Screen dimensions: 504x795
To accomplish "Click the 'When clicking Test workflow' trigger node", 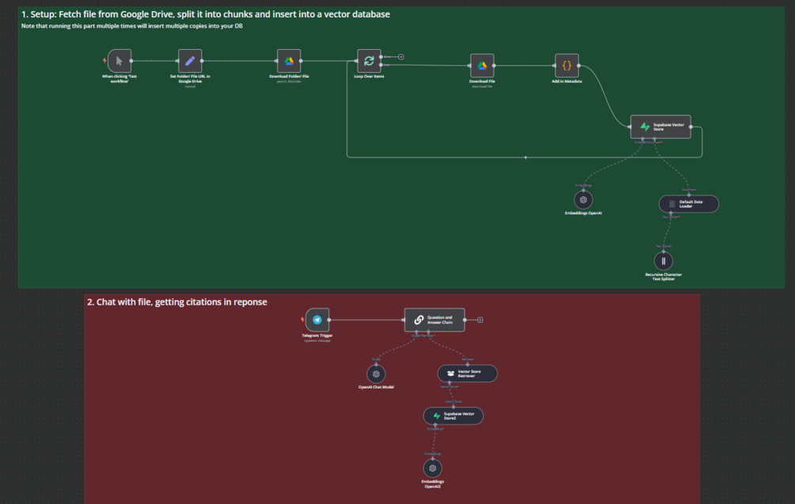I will click(119, 60).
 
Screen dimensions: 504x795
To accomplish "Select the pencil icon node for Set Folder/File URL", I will click(190, 60).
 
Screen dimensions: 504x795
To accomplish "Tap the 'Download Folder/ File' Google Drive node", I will click(289, 60).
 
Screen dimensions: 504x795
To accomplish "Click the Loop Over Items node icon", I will click(369, 60).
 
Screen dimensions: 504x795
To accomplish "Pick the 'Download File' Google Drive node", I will click(482, 65).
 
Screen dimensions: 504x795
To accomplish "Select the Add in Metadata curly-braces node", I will click(566, 65).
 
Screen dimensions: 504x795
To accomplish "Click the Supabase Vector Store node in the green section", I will click(661, 127).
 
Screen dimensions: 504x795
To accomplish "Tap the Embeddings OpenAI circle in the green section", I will click(584, 199).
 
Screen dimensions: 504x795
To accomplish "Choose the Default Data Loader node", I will click(689, 204).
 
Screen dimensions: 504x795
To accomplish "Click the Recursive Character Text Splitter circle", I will click(663, 260).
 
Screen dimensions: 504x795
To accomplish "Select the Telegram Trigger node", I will click(317, 320).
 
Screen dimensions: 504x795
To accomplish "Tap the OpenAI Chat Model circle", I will click(377, 373).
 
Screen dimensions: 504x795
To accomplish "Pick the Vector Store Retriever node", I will click(468, 373).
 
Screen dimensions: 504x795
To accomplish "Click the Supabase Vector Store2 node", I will click(453, 415).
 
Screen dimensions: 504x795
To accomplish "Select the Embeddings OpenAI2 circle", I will click(432, 468).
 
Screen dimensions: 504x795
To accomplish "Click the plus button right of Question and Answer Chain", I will click(480, 320).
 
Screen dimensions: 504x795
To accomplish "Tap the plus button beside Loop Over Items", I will click(401, 57).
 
